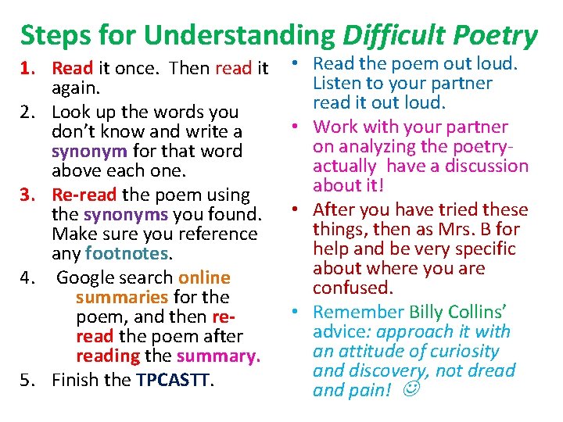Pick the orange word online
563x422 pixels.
[204, 277]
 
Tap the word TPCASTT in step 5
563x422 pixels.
[174, 380]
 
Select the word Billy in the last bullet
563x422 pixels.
[429, 312]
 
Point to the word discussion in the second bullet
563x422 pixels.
[485, 166]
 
